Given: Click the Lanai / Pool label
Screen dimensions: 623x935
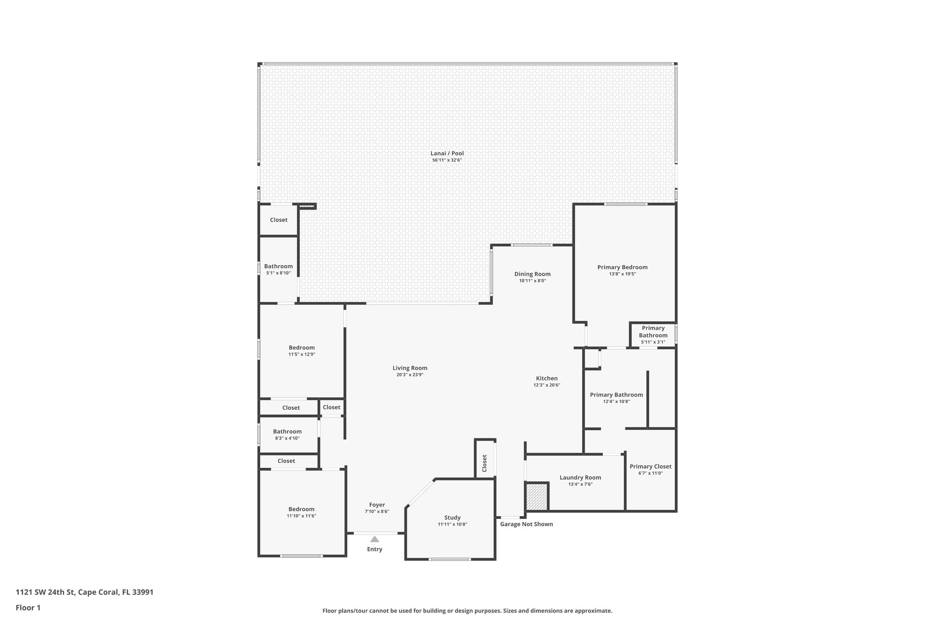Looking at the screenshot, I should pos(447,153).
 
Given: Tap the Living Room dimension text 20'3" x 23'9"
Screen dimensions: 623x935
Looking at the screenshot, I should pos(410,375).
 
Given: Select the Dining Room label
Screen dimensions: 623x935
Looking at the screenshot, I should pos(532,274).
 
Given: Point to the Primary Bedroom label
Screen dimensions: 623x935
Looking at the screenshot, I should pos(622,267).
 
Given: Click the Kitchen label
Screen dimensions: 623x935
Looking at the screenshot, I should pos(546,378).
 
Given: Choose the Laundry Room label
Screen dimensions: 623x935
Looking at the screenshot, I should pos(580,477).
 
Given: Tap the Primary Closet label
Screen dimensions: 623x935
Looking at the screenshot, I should pos(650,466).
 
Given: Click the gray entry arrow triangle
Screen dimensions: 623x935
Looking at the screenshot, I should pos(374,539).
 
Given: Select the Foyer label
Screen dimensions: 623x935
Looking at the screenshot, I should pos(377,504).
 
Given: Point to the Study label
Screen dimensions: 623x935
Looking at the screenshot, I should pos(452,517).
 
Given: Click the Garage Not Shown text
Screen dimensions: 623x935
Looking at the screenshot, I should pos(526,524).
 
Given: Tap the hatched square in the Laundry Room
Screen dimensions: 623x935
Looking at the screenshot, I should pos(536,497).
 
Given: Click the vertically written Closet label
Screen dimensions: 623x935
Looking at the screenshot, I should pos(484,463).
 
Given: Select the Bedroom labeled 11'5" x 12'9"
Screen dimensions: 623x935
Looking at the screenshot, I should pos(301,347).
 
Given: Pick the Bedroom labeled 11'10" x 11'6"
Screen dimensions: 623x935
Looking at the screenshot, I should pos(301,509).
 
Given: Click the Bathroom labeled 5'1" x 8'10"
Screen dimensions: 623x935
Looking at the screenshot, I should pos(278,266).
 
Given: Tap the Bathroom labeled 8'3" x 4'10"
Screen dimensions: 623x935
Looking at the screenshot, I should pos(287,431).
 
